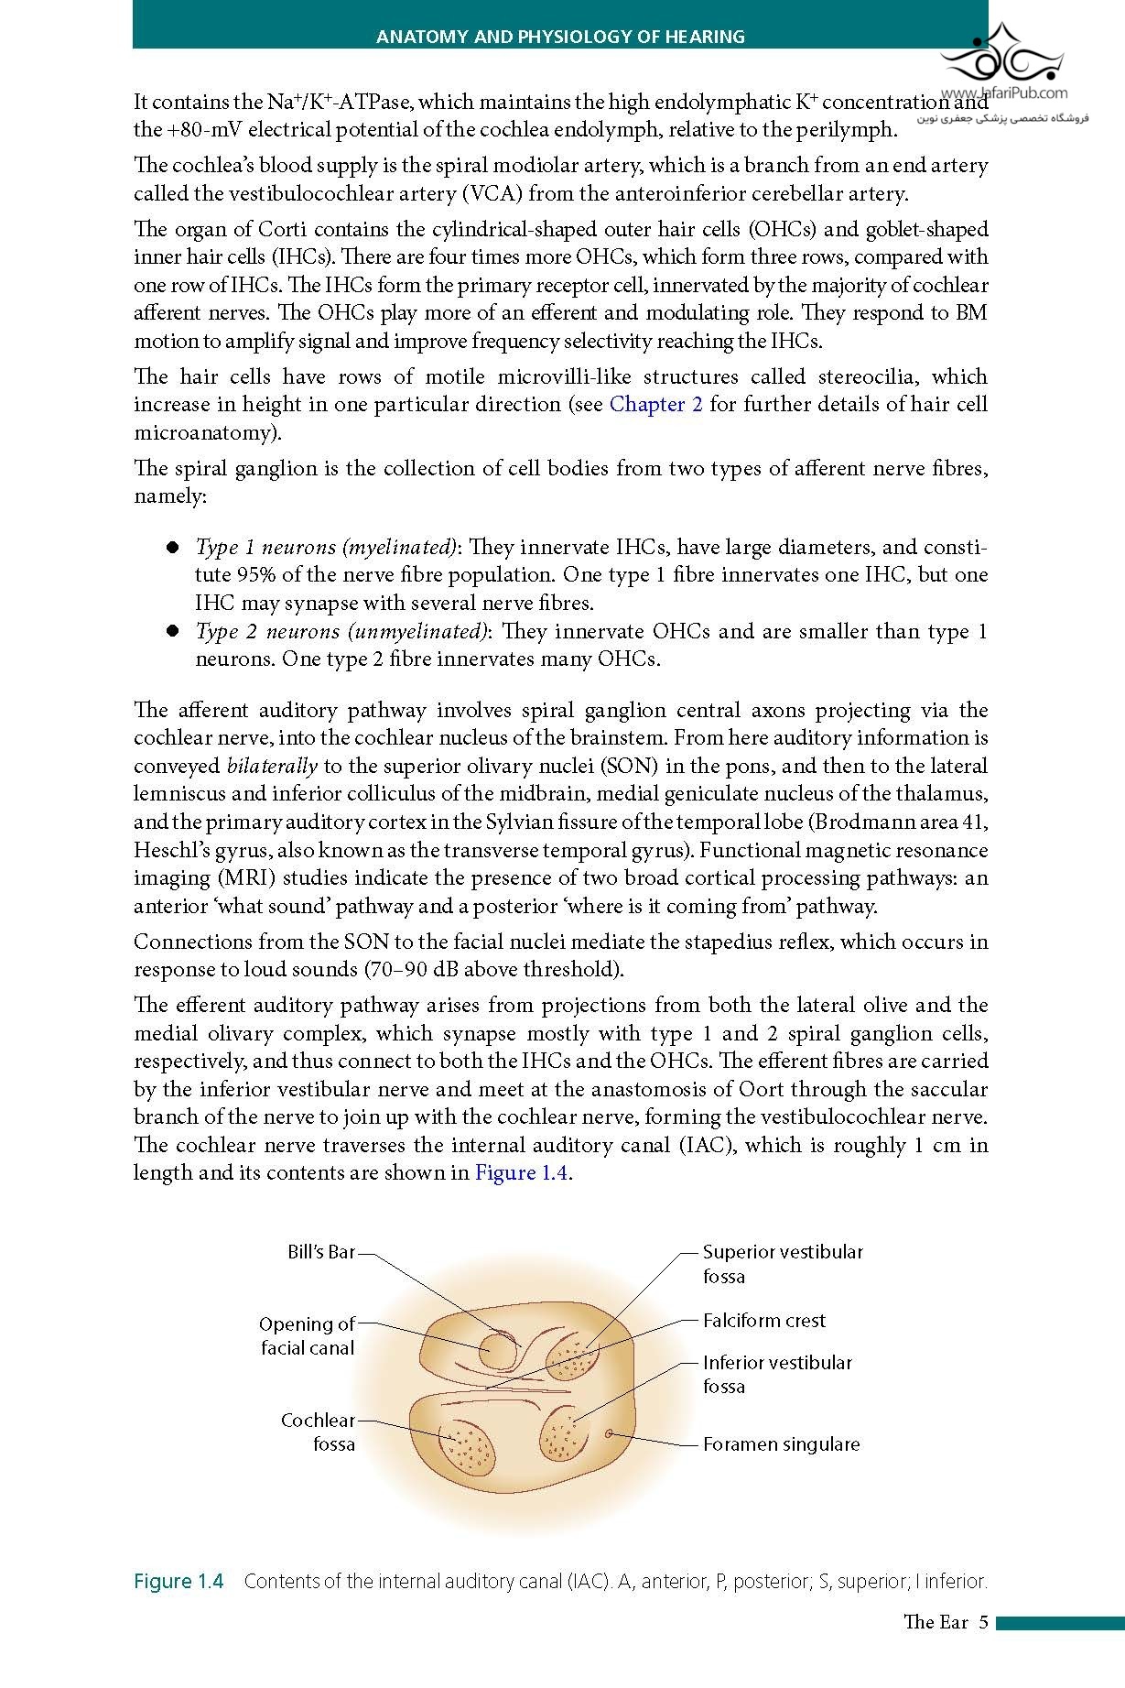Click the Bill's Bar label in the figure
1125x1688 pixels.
pyautogui.click(x=320, y=1252)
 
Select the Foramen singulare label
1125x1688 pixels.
pyautogui.click(x=781, y=1444)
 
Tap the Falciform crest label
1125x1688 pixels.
pyautogui.click(x=763, y=1321)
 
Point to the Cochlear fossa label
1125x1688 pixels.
pyautogui.click(x=318, y=1432)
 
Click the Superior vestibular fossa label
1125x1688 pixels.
pyautogui.click(x=783, y=1264)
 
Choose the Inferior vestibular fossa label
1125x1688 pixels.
pyautogui.click(x=777, y=1374)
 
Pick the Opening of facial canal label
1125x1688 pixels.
pyautogui.click(x=307, y=1335)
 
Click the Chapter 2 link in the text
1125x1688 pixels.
pyautogui.click(x=655, y=404)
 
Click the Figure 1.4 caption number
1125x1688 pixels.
pyautogui.click(x=178, y=1581)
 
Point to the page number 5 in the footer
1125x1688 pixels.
pyautogui.click(x=983, y=1622)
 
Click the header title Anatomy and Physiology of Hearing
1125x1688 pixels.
pyautogui.click(x=560, y=37)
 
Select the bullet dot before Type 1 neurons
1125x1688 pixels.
pyautogui.click(x=171, y=548)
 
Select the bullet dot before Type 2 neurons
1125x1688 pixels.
pyautogui.click(x=171, y=631)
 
